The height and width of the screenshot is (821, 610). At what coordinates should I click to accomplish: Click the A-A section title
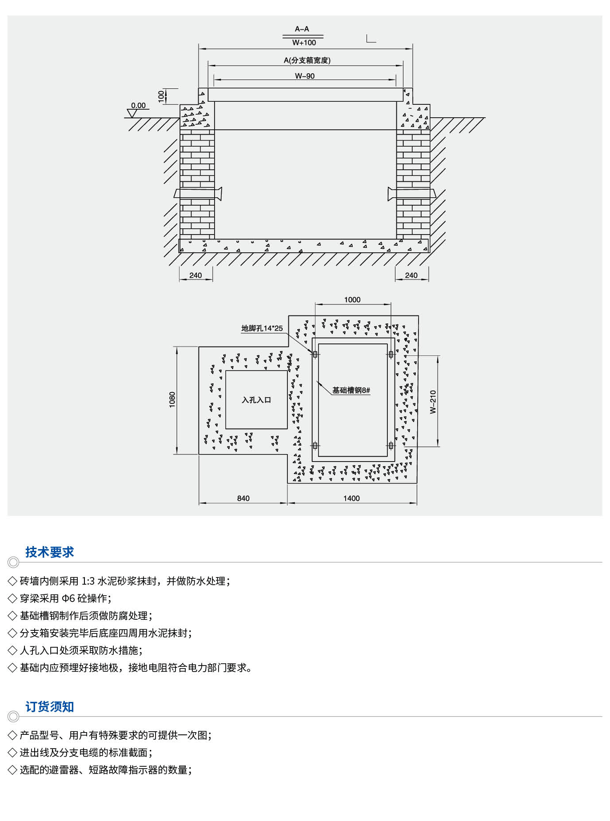[x=302, y=29]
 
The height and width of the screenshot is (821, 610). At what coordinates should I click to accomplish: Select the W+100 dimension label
[x=304, y=43]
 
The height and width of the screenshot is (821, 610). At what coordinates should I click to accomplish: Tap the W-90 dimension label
[x=305, y=76]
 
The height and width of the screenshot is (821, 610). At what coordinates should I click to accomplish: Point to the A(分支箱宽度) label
[x=307, y=60]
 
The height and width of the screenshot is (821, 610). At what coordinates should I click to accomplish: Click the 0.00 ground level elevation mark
[x=138, y=105]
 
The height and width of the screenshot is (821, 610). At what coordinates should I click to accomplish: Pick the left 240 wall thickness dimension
[x=195, y=275]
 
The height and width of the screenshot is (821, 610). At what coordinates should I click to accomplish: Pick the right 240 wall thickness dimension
[x=411, y=275]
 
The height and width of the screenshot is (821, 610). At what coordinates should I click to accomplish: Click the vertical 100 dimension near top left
[x=161, y=96]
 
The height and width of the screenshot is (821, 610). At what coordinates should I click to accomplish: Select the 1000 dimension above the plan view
[x=352, y=300]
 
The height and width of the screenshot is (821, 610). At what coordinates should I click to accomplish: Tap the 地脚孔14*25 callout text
[x=262, y=328]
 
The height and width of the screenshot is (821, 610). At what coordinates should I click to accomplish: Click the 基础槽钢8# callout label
[x=351, y=390]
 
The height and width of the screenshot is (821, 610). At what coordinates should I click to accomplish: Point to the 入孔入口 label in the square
[x=256, y=400]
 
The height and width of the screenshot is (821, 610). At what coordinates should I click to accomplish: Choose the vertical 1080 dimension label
[x=172, y=400]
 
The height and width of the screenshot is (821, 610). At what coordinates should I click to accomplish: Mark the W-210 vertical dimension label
[x=433, y=402]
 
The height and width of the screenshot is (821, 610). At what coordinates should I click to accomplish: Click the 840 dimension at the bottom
[x=243, y=498]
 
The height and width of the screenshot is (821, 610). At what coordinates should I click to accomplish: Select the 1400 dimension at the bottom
[x=351, y=498]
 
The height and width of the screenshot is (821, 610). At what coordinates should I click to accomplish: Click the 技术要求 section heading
[x=49, y=552]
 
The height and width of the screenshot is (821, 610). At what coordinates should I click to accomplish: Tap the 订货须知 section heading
[x=49, y=706]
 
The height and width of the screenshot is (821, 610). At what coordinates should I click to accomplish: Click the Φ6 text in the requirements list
[x=68, y=598]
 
